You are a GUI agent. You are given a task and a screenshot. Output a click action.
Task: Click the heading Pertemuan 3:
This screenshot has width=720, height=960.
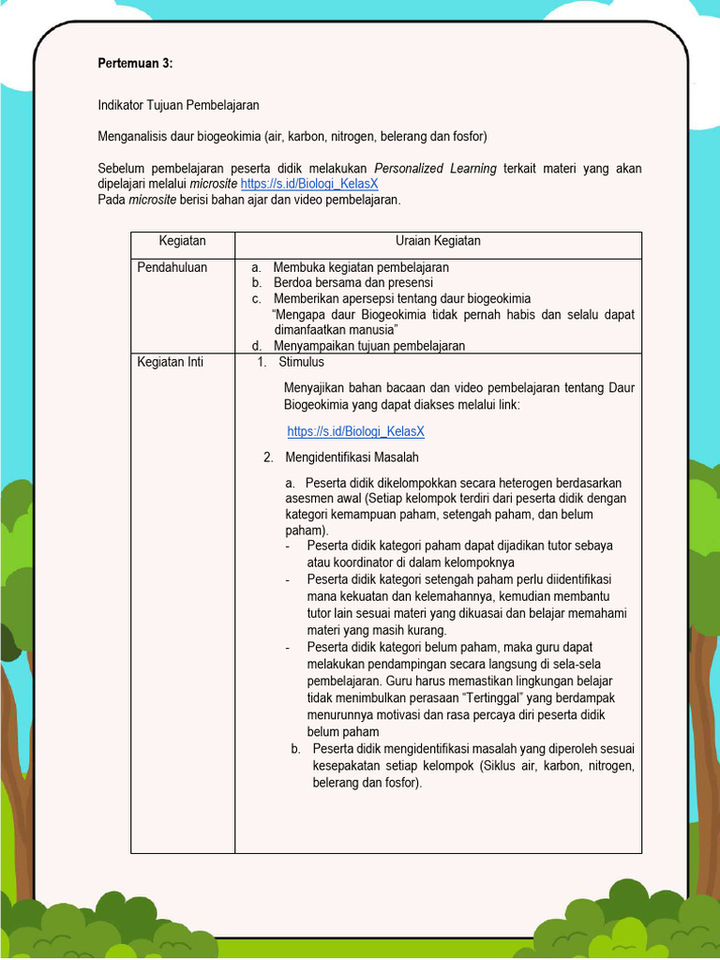click(x=136, y=63)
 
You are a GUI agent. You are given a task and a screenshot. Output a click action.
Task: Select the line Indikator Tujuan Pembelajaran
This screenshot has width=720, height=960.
click(x=178, y=105)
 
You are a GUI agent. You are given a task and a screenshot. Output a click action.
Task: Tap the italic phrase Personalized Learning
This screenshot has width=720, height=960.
click(x=435, y=169)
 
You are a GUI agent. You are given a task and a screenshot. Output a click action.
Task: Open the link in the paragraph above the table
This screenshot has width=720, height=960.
click(x=309, y=184)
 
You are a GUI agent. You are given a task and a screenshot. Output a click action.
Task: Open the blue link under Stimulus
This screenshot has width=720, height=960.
click(x=356, y=431)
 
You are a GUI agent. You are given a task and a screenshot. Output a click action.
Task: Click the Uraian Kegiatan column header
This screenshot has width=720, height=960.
click(x=438, y=241)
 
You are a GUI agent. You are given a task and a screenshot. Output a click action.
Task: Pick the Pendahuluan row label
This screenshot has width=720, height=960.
click(x=172, y=267)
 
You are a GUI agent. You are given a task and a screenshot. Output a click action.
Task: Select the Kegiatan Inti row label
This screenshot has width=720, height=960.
click(x=171, y=362)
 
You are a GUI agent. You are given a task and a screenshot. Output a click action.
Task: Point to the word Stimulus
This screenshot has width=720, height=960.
click(x=301, y=362)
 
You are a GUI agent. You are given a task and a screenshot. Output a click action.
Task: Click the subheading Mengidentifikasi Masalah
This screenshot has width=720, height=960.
click(x=352, y=457)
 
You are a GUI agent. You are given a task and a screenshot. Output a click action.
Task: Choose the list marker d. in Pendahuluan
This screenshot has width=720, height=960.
click(x=256, y=346)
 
